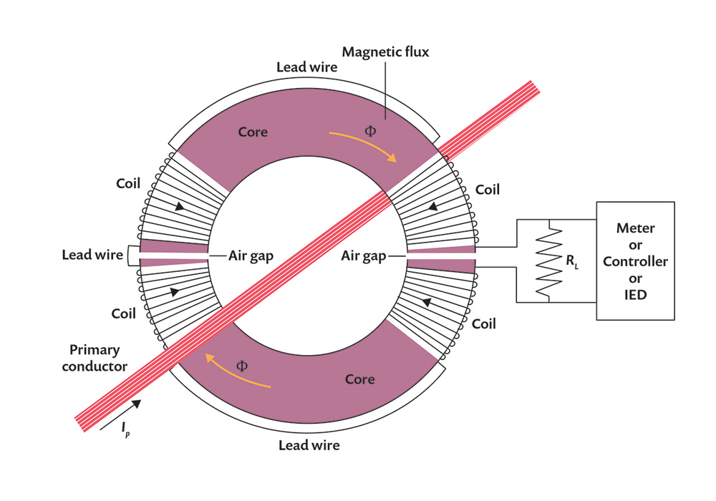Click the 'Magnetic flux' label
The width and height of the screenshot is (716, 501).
pyautogui.click(x=385, y=52)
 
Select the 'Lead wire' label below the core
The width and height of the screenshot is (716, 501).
pyautogui.click(x=309, y=445)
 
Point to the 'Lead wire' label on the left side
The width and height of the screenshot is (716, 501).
pyautogui.click(x=92, y=255)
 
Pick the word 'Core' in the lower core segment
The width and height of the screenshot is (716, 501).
pyautogui.click(x=359, y=378)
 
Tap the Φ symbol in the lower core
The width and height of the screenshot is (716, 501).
pyautogui.click(x=241, y=366)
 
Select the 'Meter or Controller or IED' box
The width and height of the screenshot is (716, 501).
pyautogui.click(x=635, y=261)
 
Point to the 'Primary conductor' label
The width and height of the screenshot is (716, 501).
pyautogui.click(x=99, y=358)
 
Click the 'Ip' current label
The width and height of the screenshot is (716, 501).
pyautogui.click(x=125, y=428)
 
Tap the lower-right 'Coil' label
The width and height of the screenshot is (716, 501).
pyautogui.click(x=485, y=324)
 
